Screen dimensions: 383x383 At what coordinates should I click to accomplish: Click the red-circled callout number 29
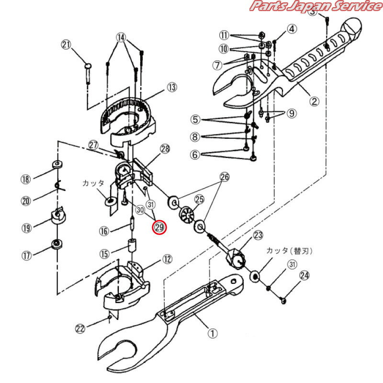158,228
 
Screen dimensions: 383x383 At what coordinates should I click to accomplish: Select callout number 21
66,45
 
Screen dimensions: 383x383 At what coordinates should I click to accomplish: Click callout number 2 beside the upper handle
314,101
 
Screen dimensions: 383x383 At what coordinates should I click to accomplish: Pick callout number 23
259,235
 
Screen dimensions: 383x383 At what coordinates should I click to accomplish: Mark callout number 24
304,275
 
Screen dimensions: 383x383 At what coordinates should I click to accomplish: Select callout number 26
224,177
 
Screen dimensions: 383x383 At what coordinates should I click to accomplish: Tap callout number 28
165,150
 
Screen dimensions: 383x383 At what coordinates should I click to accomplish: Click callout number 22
80,328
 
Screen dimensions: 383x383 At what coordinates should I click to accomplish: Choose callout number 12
167,259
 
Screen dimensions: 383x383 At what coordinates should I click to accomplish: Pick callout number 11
225,35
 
